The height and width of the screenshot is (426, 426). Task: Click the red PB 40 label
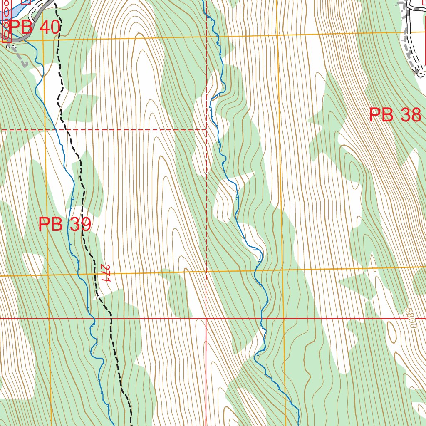[35, 27]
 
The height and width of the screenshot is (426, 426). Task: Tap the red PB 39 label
[64, 225]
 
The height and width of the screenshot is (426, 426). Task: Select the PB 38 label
[395, 115]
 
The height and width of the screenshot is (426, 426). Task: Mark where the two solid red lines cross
[206, 319]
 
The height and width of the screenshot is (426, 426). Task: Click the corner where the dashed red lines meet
[207, 130]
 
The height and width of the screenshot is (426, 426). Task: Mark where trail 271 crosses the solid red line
[111, 319]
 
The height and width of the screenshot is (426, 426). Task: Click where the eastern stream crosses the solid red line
[262, 319]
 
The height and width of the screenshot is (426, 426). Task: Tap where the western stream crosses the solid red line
[94, 319]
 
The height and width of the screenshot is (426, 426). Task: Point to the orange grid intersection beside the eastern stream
[282, 270]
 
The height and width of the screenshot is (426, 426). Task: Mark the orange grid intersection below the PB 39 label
[48, 275]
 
